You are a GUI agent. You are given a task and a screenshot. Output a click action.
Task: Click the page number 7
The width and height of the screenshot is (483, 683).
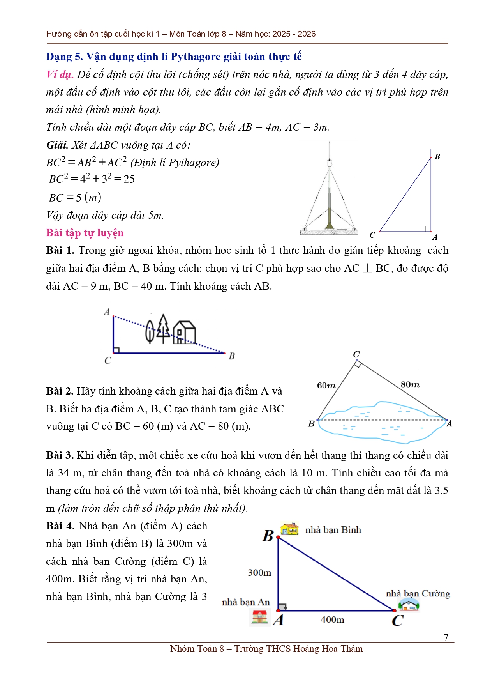446,637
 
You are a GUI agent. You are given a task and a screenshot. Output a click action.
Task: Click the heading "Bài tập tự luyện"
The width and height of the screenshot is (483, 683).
85,233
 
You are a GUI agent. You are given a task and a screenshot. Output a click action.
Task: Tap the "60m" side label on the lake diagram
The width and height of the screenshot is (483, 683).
326,386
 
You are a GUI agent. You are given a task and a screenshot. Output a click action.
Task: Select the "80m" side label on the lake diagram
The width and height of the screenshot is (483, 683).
410,384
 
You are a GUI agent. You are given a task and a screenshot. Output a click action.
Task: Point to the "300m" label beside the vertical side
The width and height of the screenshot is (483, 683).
259,573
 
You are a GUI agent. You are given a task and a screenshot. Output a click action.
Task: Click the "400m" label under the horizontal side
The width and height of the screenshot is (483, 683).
332,619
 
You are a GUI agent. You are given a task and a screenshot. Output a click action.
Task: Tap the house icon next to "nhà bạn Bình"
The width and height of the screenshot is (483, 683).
289,529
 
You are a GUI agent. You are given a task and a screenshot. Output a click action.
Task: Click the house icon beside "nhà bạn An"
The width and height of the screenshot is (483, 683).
259,617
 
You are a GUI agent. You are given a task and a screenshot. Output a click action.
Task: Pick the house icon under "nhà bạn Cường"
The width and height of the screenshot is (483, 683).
409,605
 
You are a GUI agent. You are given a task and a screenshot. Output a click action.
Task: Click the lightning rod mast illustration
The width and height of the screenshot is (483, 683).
330,191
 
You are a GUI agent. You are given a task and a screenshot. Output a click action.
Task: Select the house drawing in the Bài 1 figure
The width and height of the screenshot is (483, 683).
184,332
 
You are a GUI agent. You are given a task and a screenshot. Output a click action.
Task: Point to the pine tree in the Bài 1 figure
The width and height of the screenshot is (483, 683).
164,328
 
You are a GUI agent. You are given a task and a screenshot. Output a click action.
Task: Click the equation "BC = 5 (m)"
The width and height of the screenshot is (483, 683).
75,198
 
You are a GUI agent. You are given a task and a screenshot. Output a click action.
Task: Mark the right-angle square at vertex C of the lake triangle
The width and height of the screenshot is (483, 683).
358,364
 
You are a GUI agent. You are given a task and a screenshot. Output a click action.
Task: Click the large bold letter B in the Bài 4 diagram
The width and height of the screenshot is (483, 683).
268,536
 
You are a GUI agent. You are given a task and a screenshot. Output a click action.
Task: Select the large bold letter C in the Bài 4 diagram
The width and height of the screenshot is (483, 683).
397,620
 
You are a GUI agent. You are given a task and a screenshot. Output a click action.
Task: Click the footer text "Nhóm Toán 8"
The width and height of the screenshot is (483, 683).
197,649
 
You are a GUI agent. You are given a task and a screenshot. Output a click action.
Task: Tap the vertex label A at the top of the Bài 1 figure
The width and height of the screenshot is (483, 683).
107,311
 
